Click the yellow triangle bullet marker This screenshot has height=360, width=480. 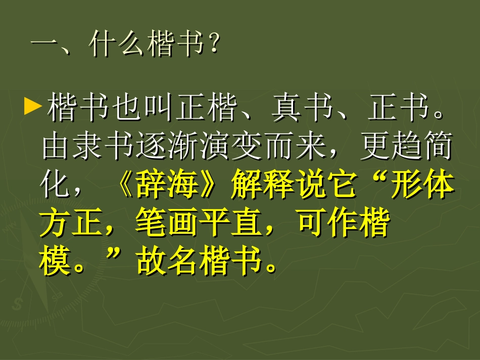[x=32, y=106]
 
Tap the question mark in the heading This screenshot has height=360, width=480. [x=213, y=46]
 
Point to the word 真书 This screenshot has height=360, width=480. [x=302, y=108]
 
